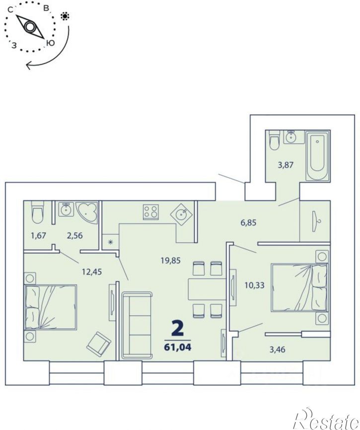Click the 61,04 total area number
[x=177, y=347]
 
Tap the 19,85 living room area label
[x=170, y=261]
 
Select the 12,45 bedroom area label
[x=92, y=272]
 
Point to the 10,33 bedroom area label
[x=254, y=285]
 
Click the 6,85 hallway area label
[x=248, y=222]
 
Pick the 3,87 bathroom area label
[x=286, y=165]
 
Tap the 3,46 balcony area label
[x=278, y=350]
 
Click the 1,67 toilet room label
[x=38, y=235]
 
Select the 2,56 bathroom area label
[x=75, y=235]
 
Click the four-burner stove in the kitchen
[x=150, y=212]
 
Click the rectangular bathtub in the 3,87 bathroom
[x=317, y=156]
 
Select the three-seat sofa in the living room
[x=137, y=325]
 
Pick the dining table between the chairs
[x=207, y=289]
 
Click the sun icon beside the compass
[x=65, y=16]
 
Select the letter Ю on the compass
[x=50, y=43]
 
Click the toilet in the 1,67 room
[x=38, y=212]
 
